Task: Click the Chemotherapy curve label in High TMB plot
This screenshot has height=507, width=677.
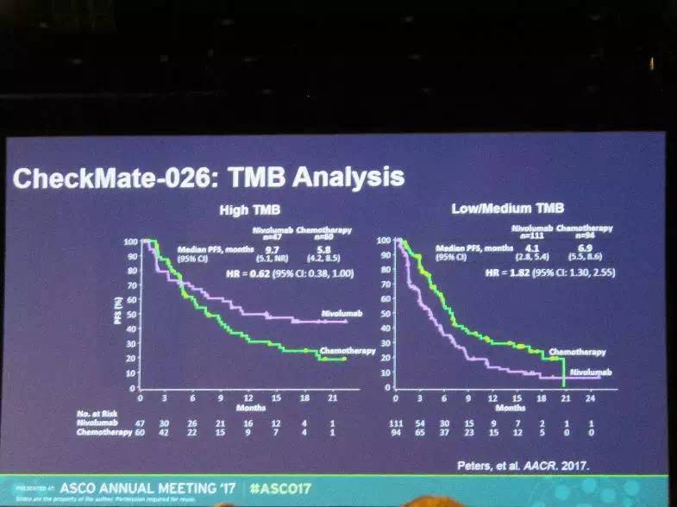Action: pos(345,352)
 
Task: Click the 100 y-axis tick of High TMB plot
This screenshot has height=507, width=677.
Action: pos(131,241)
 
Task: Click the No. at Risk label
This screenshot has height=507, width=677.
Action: pos(95,414)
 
